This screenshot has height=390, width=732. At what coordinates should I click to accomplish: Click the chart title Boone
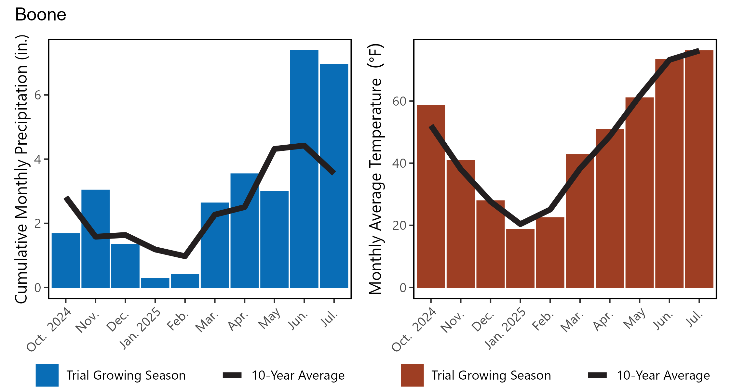click(x=41, y=15)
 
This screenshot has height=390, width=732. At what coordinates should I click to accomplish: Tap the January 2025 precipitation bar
click(x=155, y=283)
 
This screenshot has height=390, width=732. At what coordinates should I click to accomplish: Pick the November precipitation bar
click(x=96, y=260)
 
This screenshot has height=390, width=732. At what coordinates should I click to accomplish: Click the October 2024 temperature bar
click(x=431, y=211)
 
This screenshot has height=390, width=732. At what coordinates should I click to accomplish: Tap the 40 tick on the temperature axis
click(x=400, y=163)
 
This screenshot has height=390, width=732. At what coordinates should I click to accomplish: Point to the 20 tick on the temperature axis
click(x=400, y=226)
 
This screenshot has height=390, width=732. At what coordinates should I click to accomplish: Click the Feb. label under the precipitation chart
click(x=178, y=321)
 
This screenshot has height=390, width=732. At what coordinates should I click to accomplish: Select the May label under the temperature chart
click(x=634, y=318)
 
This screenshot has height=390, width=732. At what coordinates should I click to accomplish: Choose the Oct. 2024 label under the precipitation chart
click(x=49, y=330)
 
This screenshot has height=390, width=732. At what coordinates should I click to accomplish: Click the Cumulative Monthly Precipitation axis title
click(x=22, y=169)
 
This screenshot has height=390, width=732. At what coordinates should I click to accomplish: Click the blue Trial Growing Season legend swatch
click(x=47, y=375)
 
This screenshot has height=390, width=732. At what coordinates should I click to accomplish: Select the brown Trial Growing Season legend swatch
click(x=412, y=375)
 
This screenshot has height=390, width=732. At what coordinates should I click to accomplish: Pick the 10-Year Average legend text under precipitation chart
click(x=298, y=375)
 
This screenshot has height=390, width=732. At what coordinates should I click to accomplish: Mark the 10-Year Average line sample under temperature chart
click(x=597, y=375)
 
